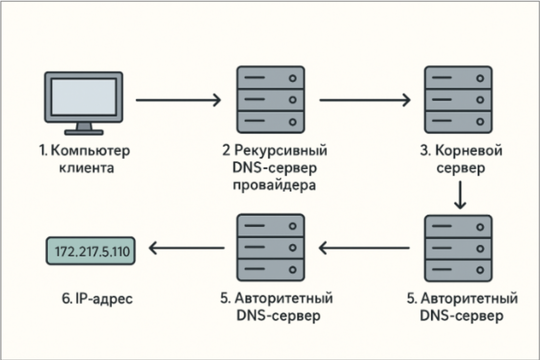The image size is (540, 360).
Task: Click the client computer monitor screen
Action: pos(84,97)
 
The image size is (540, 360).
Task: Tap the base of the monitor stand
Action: pos(84,132)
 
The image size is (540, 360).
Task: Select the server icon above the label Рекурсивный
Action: pos(271,100)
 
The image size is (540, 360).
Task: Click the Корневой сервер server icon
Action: pos(458,100)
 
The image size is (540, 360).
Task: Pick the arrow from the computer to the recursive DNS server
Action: pos(178,100)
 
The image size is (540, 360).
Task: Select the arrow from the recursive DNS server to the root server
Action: pos(365,100)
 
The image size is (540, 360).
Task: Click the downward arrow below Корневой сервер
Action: pos(460,195)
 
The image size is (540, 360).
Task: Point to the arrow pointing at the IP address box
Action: pos(186,248)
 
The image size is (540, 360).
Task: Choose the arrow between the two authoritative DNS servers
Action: pos(364,248)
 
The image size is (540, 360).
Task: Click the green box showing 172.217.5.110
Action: pos(91,251)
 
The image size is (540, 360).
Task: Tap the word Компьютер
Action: pos(90,151)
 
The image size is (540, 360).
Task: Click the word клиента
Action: pos(86,168)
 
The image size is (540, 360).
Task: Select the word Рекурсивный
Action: pos(281,151)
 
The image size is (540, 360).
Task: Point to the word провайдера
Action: pos(274,185)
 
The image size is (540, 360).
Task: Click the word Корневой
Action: pos(468,151)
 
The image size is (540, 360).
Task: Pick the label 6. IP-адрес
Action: pos(97,298)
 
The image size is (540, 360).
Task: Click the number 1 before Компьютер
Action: pos(42,151)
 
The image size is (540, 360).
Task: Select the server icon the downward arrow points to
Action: pos(458,248)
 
